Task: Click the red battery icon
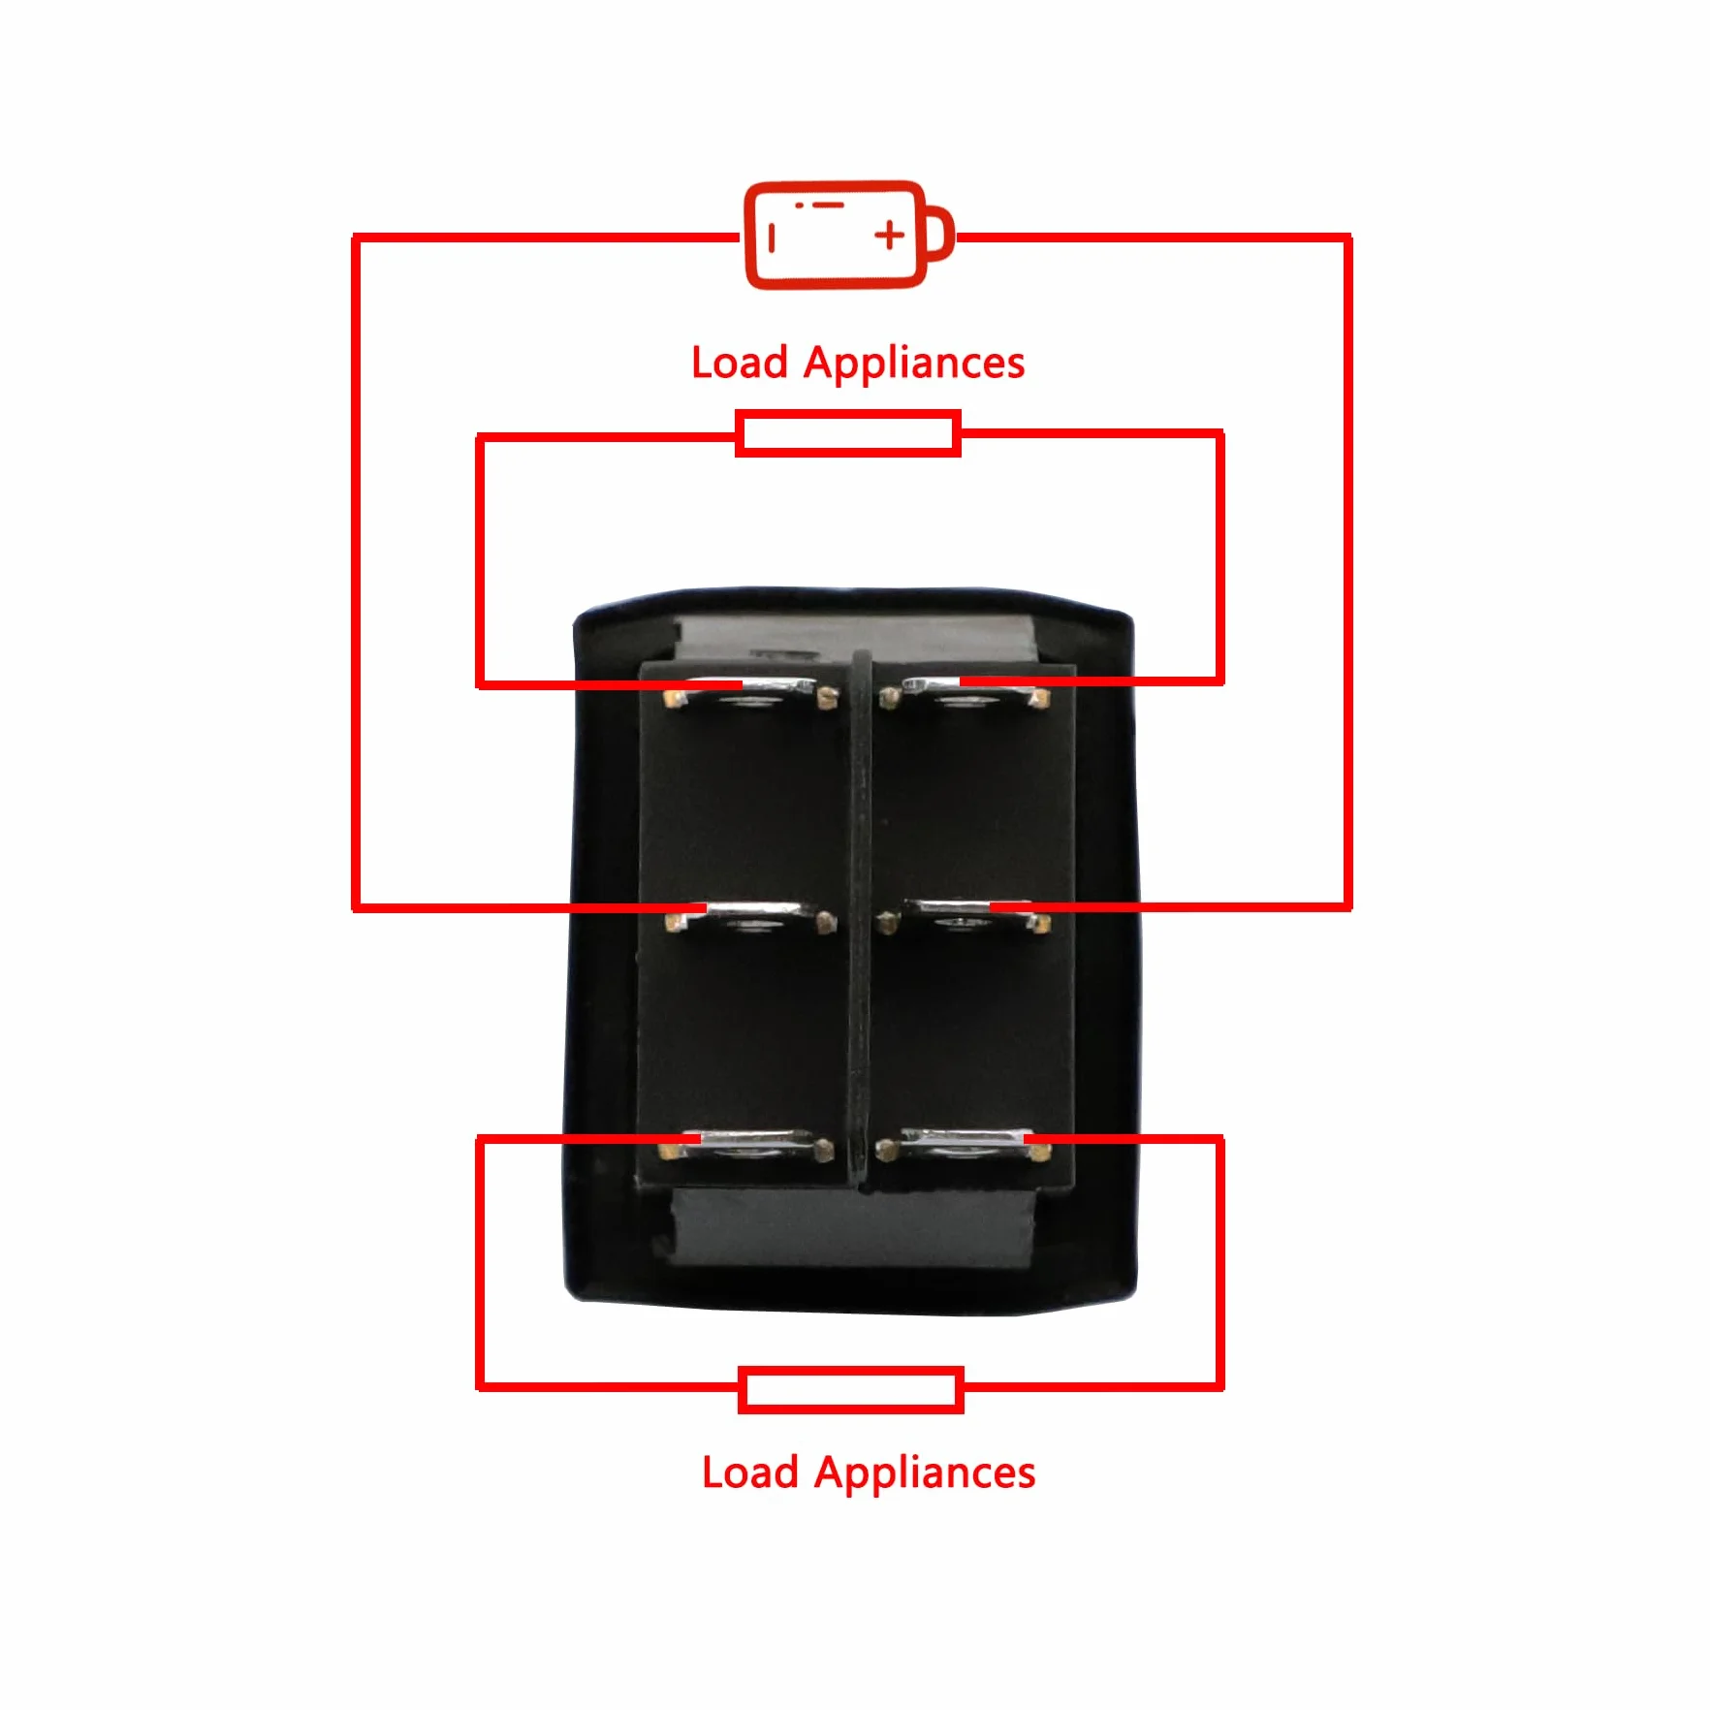coord(849,235)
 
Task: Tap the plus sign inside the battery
coord(890,235)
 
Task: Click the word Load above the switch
coord(739,363)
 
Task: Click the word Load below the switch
coord(749,1472)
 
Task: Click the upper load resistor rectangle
coord(848,433)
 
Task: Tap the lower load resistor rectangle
coord(851,1390)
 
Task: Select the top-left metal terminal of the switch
coord(750,692)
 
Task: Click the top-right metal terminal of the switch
coord(964,692)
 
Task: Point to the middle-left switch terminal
coord(750,917)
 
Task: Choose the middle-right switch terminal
coord(964,917)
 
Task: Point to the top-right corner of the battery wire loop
coord(1347,237)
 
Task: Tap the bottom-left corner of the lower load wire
coord(481,1386)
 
